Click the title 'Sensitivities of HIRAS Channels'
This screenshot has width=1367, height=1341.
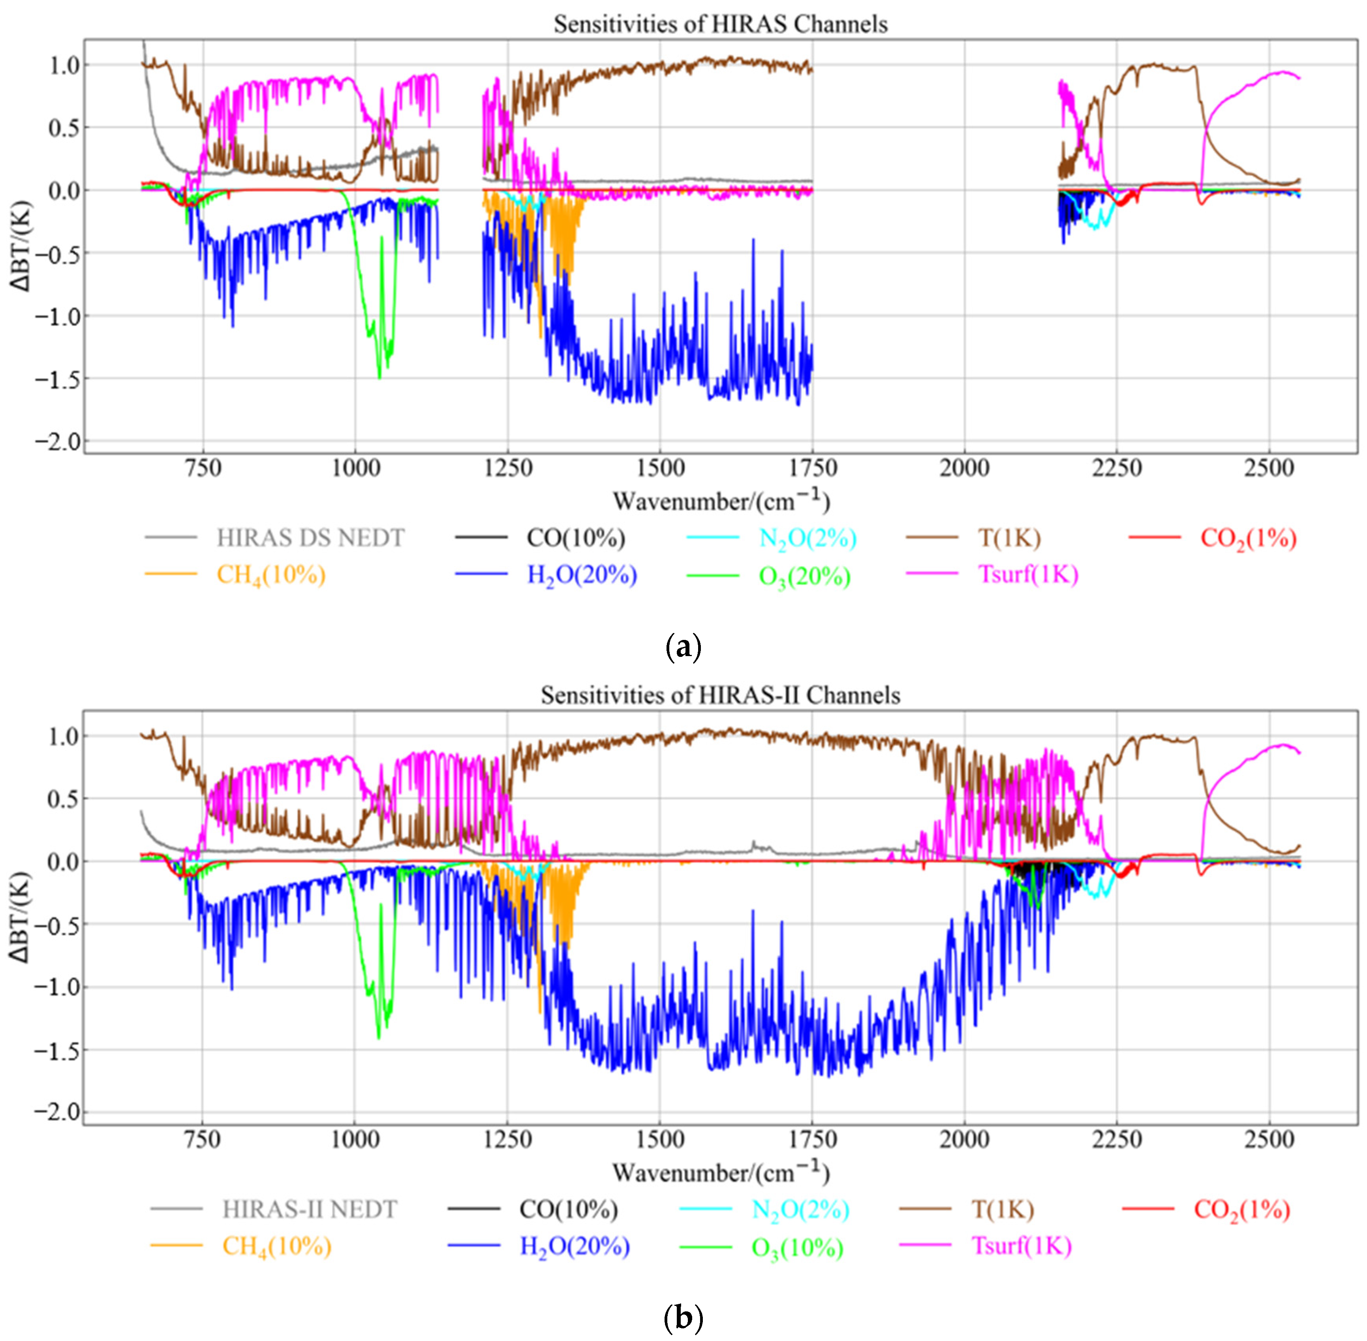click(x=720, y=24)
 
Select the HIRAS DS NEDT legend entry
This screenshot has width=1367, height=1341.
click(x=310, y=538)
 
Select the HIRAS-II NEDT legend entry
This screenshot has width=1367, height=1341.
click(x=310, y=1209)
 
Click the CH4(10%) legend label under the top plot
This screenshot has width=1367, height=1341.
click(x=270, y=576)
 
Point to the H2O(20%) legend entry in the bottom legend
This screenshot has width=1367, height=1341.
click(x=574, y=1247)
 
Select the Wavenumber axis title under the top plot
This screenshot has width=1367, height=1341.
click(x=720, y=501)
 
